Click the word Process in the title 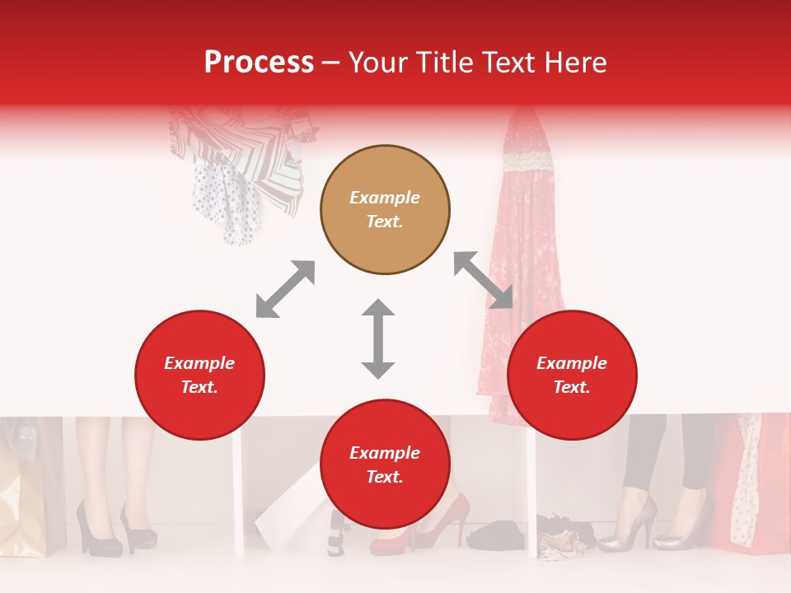tap(259, 63)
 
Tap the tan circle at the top tap(385, 210)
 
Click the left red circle tap(199, 376)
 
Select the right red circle tap(572, 376)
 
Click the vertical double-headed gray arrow tap(378, 339)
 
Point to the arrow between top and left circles tap(285, 289)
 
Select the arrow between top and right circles tap(484, 280)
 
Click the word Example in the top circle tap(385, 198)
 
